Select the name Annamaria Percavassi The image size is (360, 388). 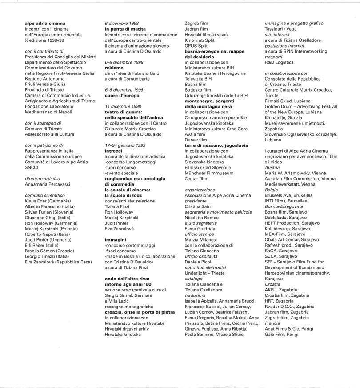48,184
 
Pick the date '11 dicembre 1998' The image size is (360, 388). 123,107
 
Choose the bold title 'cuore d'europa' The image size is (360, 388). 122,96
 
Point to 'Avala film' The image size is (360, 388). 195,134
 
